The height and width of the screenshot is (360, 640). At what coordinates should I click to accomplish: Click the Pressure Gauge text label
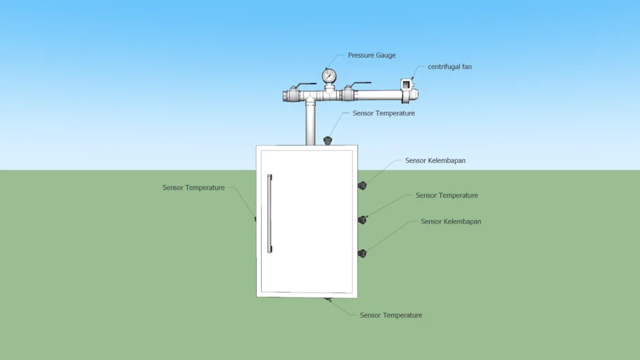click(371, 55)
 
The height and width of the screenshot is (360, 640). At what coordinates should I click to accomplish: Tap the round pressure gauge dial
click(329, 76)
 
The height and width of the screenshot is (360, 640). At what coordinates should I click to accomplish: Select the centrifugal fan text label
click(449, 67)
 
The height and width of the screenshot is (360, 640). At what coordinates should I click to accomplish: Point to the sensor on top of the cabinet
click(327, 141)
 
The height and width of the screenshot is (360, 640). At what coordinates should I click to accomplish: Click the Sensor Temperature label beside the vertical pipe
click(384, 113)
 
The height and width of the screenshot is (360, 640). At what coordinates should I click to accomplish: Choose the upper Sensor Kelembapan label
click(435, 160)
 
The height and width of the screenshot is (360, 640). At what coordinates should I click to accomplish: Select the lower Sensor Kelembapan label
click(451, 221)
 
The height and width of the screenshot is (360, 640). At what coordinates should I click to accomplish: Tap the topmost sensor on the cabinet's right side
click(362, 186)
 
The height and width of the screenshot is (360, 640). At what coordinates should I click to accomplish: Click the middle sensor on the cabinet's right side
click(362, 220)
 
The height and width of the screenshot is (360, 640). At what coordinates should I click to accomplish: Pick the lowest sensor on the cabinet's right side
click(362, 253)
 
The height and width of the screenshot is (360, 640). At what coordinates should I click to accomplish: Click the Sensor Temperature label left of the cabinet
click(193, 187)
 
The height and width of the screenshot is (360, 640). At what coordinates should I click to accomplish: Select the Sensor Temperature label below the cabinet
click(390, 315)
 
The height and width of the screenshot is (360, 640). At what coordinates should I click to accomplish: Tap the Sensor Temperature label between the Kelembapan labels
click(447, 195)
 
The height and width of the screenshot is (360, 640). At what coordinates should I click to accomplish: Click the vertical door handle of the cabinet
click(269, 214)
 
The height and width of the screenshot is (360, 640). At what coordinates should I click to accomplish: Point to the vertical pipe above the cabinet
click(310, 122)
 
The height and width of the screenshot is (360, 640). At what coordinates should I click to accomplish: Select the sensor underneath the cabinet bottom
click(328, 300)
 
